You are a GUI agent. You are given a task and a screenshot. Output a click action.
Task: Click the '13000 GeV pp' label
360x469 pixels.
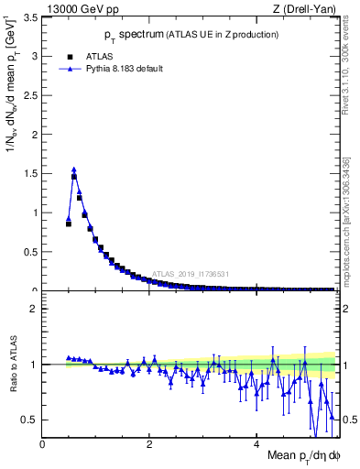(x=76, y=9)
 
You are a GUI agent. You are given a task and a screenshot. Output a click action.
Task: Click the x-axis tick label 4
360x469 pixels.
(x=256, y=446)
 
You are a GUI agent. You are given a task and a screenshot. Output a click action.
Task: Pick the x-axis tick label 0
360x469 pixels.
(x=43, y=446)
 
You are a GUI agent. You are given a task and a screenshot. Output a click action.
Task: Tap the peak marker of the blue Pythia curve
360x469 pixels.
(x=73, y=169)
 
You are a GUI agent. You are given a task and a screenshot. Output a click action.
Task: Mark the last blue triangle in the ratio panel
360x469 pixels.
(x=332, y=417)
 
